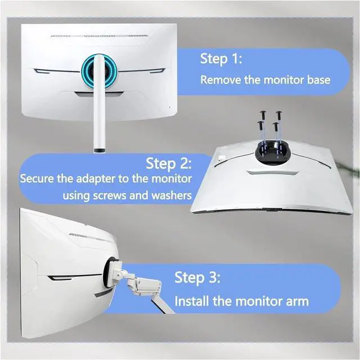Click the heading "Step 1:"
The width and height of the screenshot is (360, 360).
[221, 58]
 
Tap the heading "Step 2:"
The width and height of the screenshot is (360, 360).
[169, 164]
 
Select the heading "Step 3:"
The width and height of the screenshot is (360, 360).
[197, 277]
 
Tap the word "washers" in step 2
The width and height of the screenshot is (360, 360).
[171, 195]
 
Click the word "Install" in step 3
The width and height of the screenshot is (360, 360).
[192, 301]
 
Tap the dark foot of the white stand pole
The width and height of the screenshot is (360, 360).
[100, 150]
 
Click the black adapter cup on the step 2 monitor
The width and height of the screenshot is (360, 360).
[272, 152]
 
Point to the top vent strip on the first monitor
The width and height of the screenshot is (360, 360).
[99, 36]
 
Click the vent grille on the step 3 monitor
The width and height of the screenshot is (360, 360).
[79, 236]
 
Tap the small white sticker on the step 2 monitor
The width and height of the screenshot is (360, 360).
[222, 157]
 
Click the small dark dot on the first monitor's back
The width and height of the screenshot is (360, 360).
[170, 107]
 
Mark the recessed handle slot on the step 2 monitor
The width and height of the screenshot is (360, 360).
[272, 172]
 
